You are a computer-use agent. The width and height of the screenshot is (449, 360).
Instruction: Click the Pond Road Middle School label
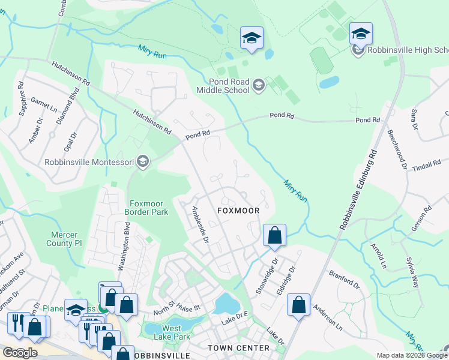(221, 86)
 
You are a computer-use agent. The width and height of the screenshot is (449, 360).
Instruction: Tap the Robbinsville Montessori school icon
(143, 161)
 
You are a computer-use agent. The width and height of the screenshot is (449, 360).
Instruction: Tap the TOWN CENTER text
(238, 348)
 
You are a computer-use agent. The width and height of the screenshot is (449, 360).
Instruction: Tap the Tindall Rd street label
(427, 166)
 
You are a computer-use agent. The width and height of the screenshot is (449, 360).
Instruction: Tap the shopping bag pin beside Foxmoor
(274, 235)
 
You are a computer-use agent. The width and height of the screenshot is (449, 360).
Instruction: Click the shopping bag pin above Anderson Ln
(298, 305)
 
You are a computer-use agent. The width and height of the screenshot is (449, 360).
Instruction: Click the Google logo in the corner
(20, 352)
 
